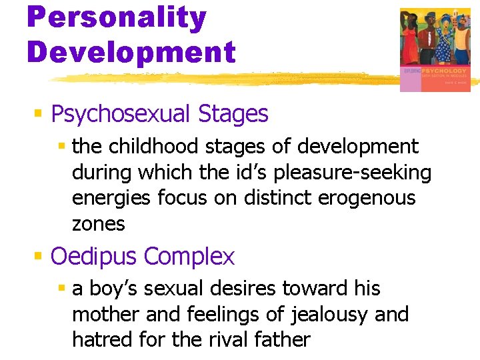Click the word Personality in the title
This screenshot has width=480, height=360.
[x=117, y=18]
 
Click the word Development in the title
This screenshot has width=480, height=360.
[x=131, y=52]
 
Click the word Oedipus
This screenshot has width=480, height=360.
[x=94, y=256]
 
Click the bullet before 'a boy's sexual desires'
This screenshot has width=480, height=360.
[x=62, y=289]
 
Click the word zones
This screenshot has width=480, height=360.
[x=98, y=224]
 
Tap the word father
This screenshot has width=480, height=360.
[x=282, y=340]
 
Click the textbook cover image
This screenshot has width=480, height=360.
[x=435, y=49]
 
